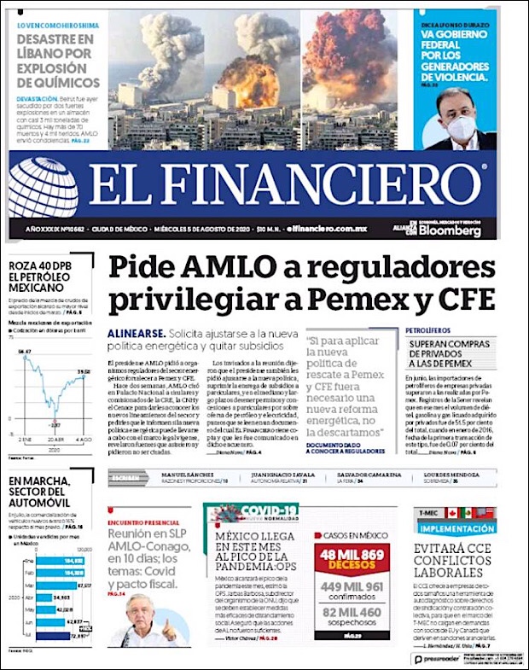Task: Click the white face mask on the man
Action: [461, 127]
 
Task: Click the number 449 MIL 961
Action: [352, 588]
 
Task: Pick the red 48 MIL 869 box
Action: [352, 560]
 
